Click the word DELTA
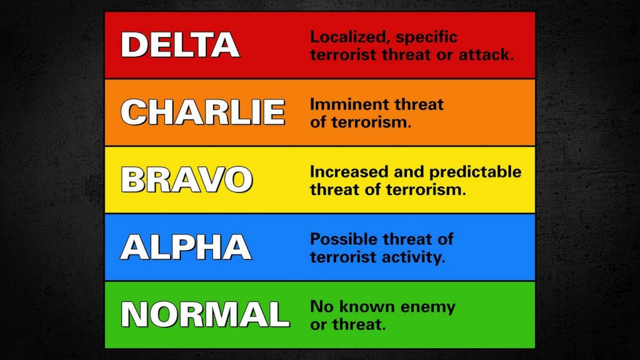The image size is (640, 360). click(x=180, y=45)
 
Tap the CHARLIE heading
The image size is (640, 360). click(x=202, y=112)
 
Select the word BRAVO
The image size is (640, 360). click(x=186, y=179)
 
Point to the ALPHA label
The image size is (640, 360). click(x=186, y=247)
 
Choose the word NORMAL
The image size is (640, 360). click(x=205, y=314)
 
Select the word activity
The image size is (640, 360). click(x=416, y=256)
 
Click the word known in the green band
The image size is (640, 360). click(x=370, y=307)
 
